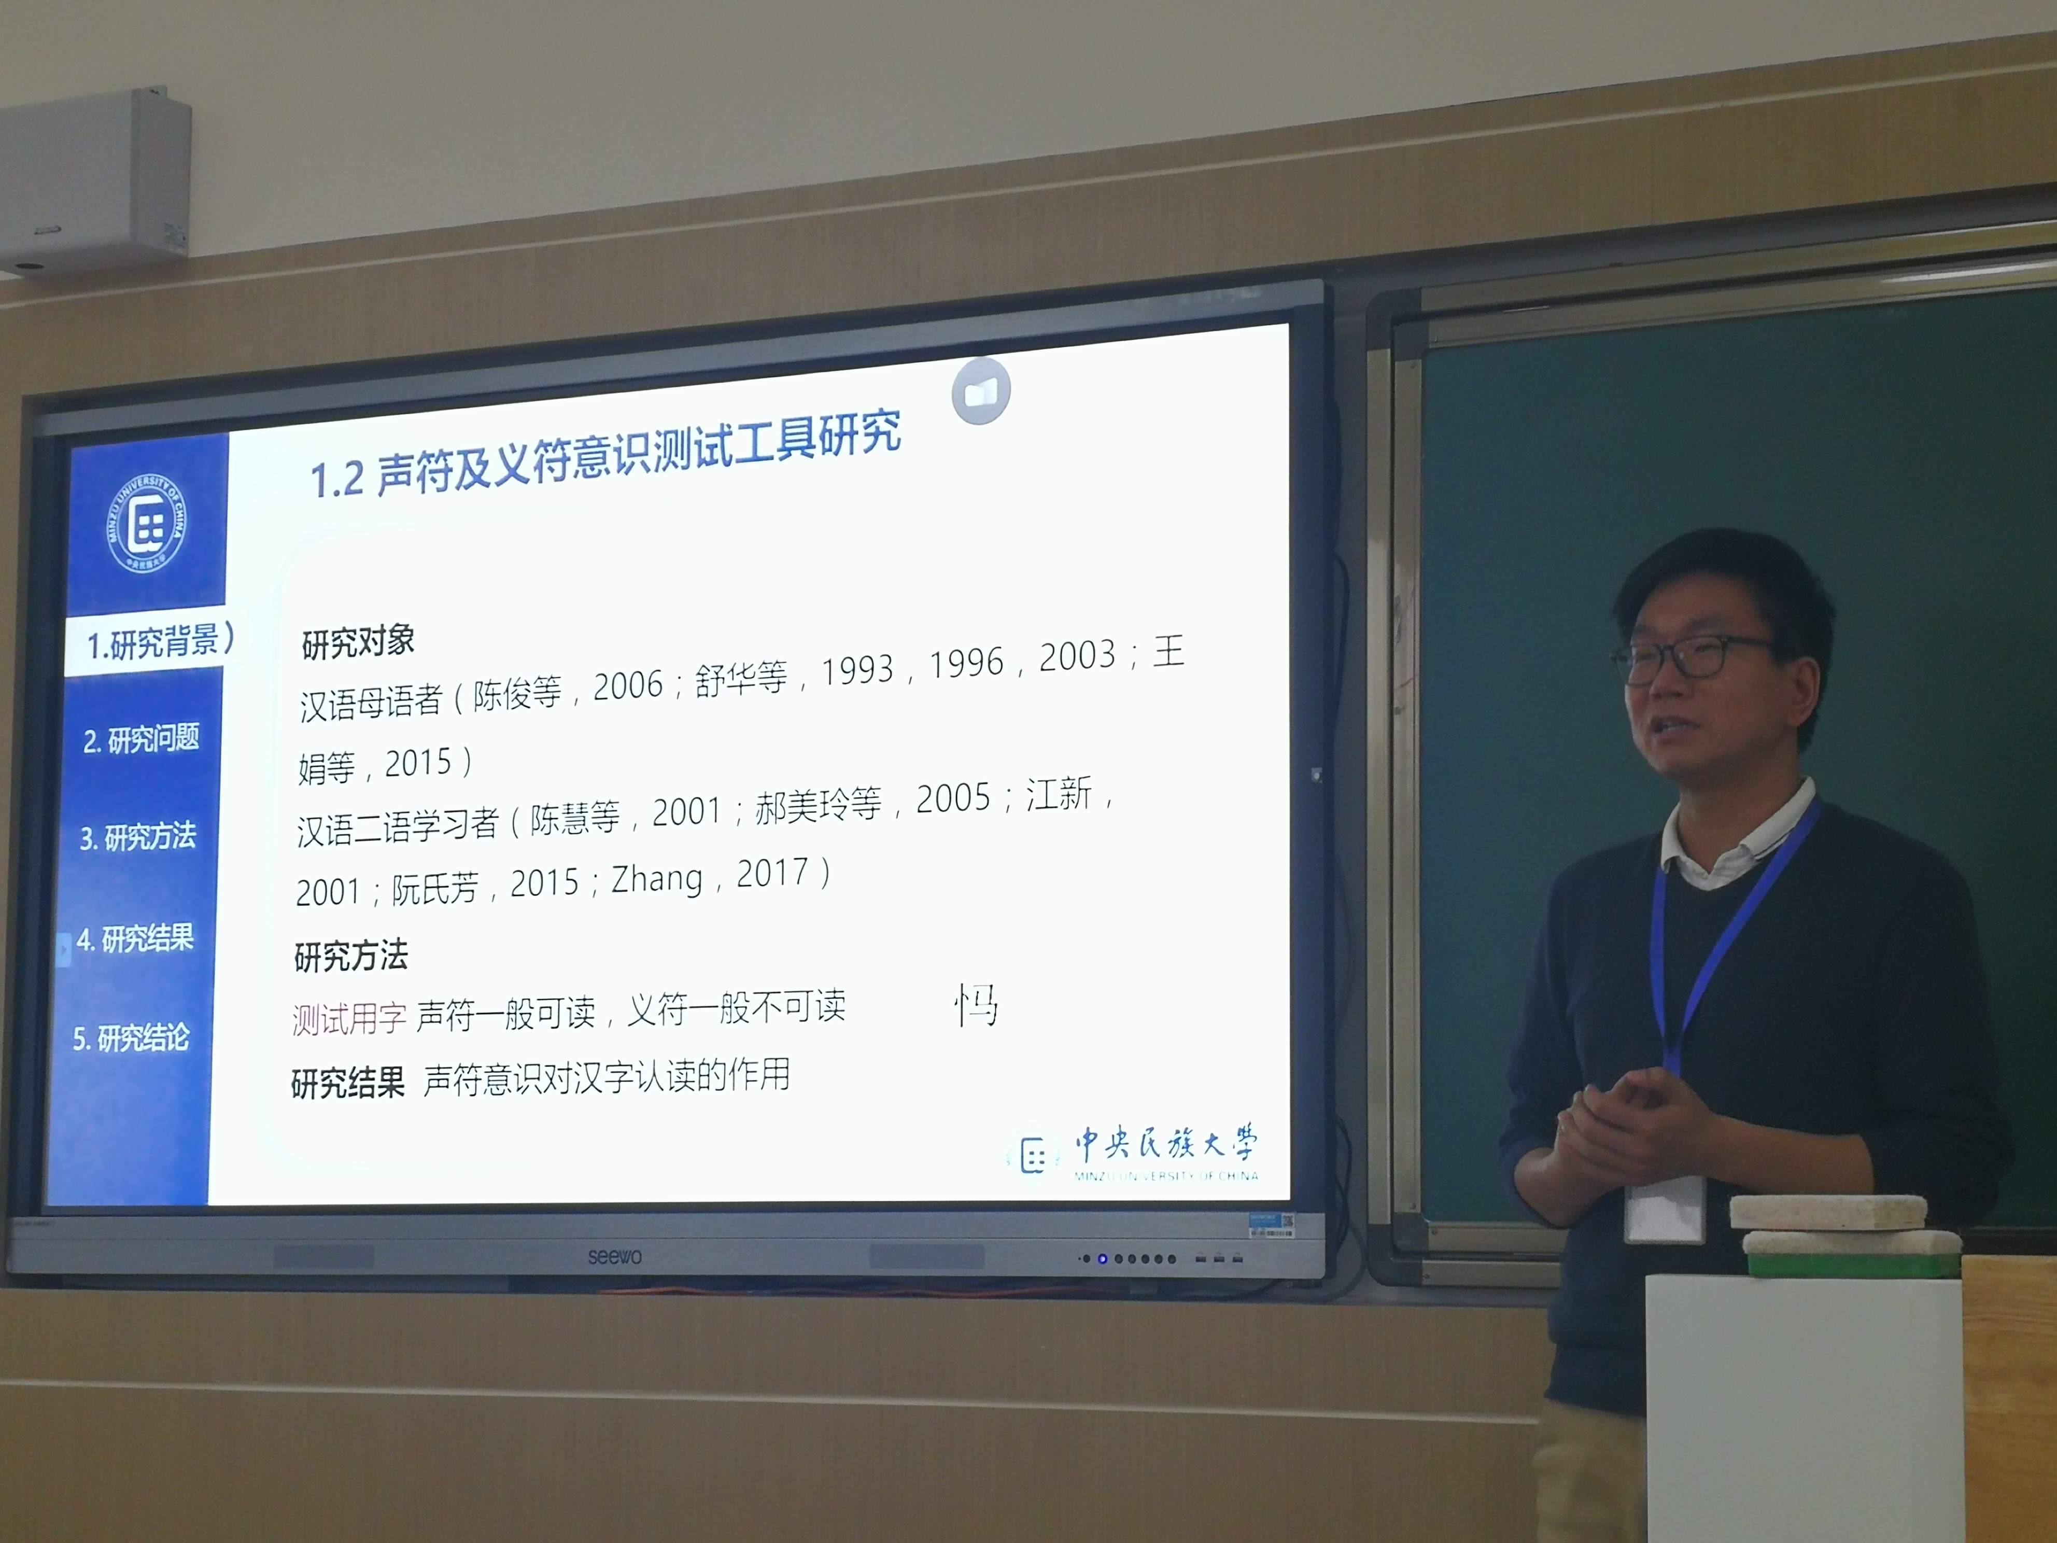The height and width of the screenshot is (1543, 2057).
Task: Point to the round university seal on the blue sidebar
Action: coord(147,524)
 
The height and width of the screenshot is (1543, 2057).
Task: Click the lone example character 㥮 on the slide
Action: coord(977,1004)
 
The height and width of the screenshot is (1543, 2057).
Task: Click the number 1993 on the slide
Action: coord(857,670)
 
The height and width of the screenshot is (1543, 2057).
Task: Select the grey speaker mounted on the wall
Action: coord(93,181)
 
